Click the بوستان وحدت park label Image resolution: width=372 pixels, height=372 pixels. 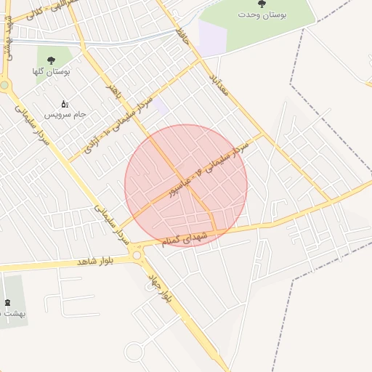point(262,15)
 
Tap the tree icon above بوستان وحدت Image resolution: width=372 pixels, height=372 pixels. point(262,4)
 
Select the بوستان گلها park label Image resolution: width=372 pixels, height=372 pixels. point(51,71)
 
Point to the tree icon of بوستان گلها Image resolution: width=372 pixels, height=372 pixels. point(51,60)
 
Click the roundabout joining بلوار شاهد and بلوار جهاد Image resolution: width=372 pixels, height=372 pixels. point(137,254)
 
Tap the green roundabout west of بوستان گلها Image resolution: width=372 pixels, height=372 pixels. point(4,85)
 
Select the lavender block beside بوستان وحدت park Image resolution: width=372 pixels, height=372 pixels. point(211,37)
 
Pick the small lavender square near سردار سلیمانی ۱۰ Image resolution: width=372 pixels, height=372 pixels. point(161,108)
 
